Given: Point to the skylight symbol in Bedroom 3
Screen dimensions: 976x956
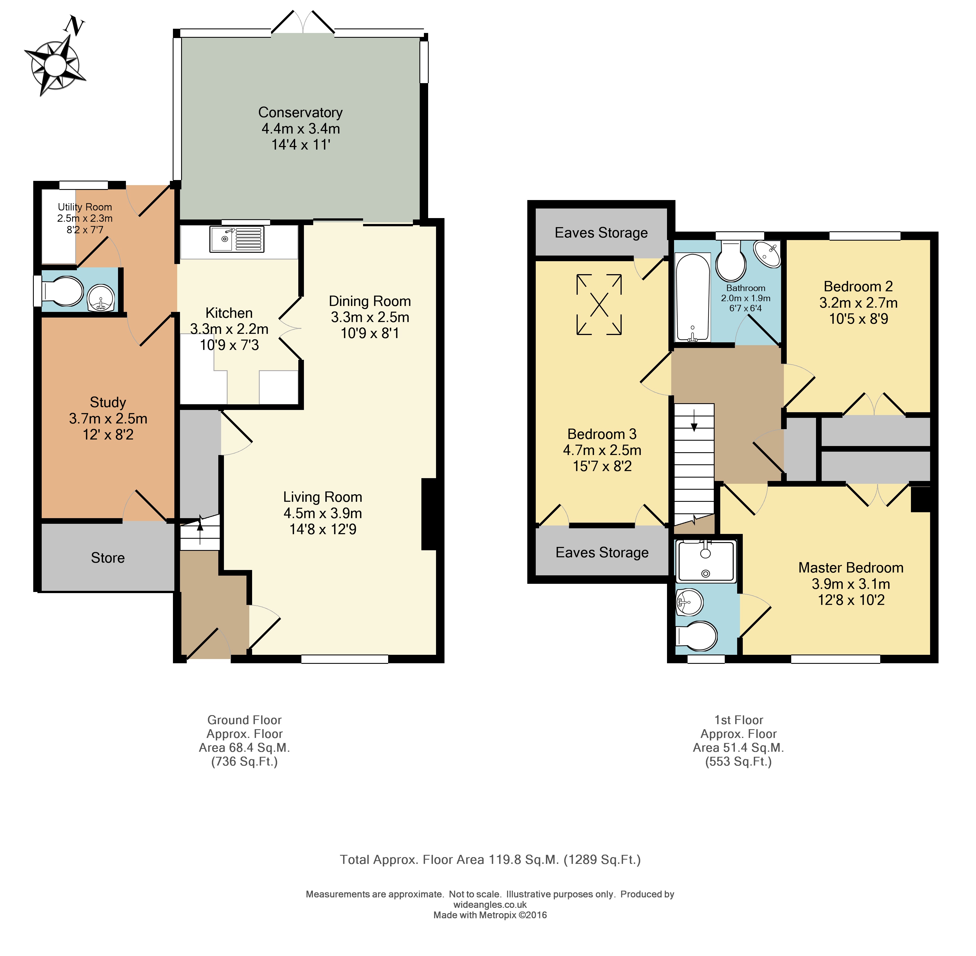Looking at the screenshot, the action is coord(599,304).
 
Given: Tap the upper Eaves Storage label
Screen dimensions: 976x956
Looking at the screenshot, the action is coord(601,233).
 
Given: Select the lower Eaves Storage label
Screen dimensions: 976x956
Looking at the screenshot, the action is coord(602,553).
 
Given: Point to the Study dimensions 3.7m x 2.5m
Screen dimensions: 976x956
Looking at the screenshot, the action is coord(108,419).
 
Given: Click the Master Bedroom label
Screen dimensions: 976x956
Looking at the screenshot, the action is coord(851,568).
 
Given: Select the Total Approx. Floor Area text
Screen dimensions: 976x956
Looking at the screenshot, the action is coord(490,860).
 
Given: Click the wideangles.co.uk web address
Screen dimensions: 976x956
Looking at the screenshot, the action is coord(490,905).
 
